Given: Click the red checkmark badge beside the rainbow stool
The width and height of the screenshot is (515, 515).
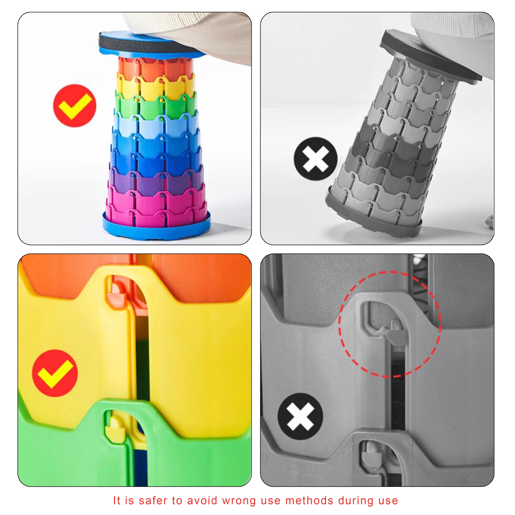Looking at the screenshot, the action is coord(75,106).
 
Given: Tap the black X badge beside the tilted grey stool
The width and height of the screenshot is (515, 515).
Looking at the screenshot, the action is coord(316,159).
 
